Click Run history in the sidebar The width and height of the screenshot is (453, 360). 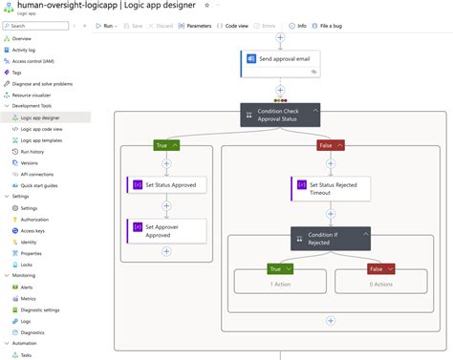pyautogui.click(x=32, y=151)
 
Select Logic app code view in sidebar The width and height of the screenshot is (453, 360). pyautogui.click(x=41, y=128)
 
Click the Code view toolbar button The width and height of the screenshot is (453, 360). pyautogui.click(x=235, y=27)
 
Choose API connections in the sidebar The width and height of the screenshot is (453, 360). pyautogui.click(x=36, y=174)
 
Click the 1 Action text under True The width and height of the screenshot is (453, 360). pyautogui.click(x=280, y=285)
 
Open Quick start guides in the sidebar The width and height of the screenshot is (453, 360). pyautogui.click(x=41, y=185)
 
